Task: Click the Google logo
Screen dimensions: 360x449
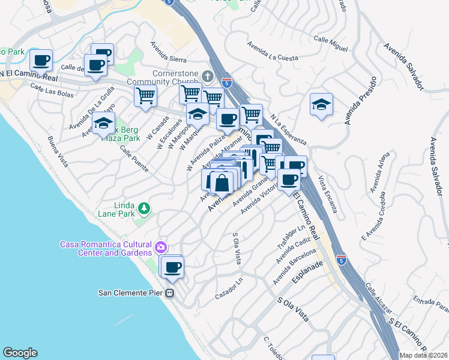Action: coord(20,353)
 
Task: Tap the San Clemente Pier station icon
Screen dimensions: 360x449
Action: coord(170,293)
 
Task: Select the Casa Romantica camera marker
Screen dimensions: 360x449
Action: coord(160,247)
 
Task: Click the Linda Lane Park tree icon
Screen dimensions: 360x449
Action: coord(143,208)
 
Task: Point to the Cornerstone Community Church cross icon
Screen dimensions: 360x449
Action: coord(208,76)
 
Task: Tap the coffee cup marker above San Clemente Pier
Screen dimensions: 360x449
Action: coord(172,267)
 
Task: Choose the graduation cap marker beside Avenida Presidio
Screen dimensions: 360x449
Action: coord(321,106)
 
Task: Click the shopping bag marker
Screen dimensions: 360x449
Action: coord(222,182)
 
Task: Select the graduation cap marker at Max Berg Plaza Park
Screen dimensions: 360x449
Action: coord(104,124)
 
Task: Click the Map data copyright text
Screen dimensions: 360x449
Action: coord(423,355)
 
